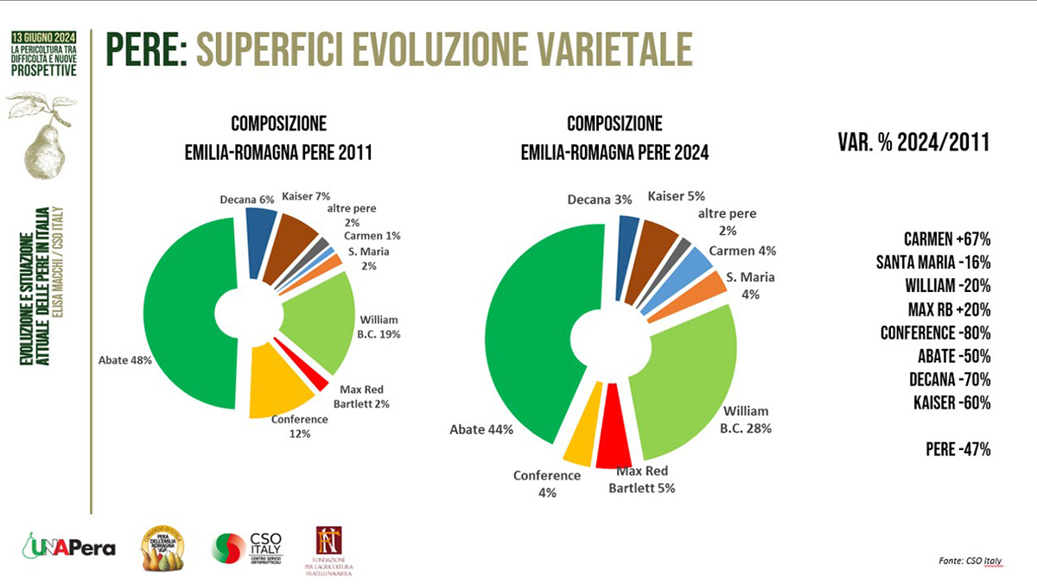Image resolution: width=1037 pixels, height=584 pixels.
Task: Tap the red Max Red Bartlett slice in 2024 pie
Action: [x=614, y=427]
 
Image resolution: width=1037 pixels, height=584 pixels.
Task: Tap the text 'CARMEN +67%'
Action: [x=946, y=239]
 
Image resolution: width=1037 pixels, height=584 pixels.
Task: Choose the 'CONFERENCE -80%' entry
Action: [x=935, y=333]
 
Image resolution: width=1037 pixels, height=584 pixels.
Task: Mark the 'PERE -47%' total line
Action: [x=957, y=449]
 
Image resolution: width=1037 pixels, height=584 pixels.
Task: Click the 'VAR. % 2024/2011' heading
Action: [x=913, y=143]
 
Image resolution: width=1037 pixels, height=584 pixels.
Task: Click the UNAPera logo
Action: [x=69, y=548]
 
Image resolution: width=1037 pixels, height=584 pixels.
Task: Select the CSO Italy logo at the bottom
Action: [x=250, y=548]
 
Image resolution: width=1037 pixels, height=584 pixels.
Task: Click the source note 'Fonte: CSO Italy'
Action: [x=970, y=562]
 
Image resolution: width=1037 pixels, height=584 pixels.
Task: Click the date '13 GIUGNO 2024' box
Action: [x=43, y=38]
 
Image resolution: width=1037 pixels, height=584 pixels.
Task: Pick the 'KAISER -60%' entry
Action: [x=951, y=403]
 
